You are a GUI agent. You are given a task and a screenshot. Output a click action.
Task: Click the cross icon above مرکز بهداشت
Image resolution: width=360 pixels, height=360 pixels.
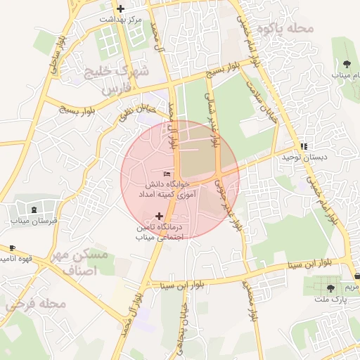coord(122,9)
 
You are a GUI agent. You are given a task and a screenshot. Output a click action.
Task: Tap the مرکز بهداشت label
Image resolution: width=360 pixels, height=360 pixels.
coord(122,20)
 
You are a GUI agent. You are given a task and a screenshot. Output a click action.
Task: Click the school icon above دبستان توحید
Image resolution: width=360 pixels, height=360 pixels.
coord(304,146)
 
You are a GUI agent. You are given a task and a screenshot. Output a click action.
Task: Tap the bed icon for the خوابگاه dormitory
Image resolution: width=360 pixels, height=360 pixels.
coord(167,174)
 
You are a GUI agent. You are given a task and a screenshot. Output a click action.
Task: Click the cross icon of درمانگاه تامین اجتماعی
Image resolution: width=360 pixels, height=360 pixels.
coord(159,216)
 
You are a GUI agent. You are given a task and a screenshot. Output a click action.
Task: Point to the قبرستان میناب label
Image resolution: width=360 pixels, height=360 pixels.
coord(34,221)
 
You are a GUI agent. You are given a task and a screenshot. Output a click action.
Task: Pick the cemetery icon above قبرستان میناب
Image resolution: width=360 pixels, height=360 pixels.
coord(34,210)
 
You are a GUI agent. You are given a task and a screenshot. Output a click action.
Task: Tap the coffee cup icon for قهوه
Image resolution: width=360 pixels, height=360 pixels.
coord(12,248)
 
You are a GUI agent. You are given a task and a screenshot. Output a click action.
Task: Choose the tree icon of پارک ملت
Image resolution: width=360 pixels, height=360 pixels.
coord(330,288)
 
